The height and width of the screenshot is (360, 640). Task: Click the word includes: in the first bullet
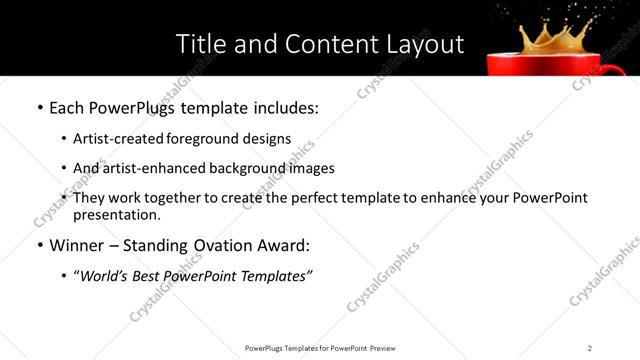click(284, 107)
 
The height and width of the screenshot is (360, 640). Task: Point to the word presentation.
click(116, 214)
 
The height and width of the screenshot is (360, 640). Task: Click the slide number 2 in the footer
click(589, 348)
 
